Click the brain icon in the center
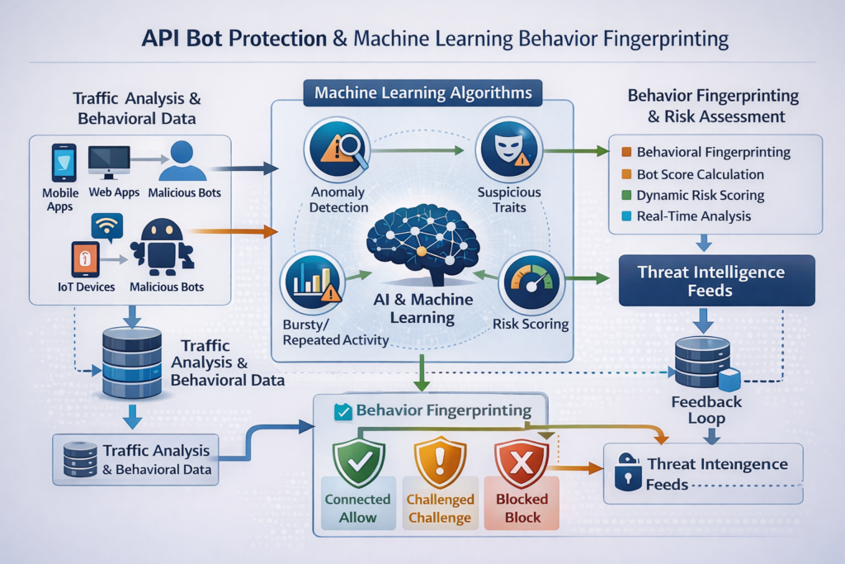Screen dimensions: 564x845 (422, 239)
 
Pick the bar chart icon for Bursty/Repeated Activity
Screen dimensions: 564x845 (314, 282)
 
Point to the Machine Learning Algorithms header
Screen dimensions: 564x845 (423, 92)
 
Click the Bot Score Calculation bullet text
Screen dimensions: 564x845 (701, 174)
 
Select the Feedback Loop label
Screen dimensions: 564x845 (706, 410)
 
